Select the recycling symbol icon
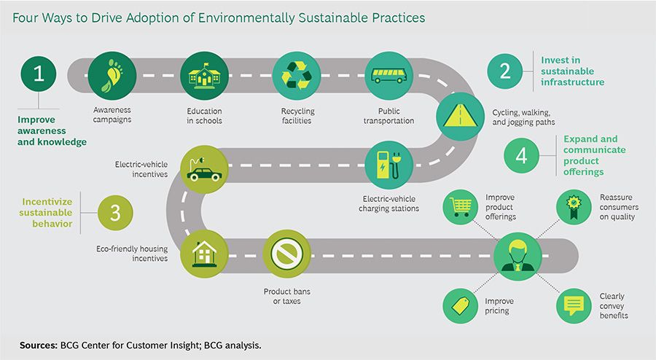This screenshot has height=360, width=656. (296, 75)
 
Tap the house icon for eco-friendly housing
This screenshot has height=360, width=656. (203, 254)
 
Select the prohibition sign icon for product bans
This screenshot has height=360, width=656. (286, 254)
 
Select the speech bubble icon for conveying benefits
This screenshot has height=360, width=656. (576, 305)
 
